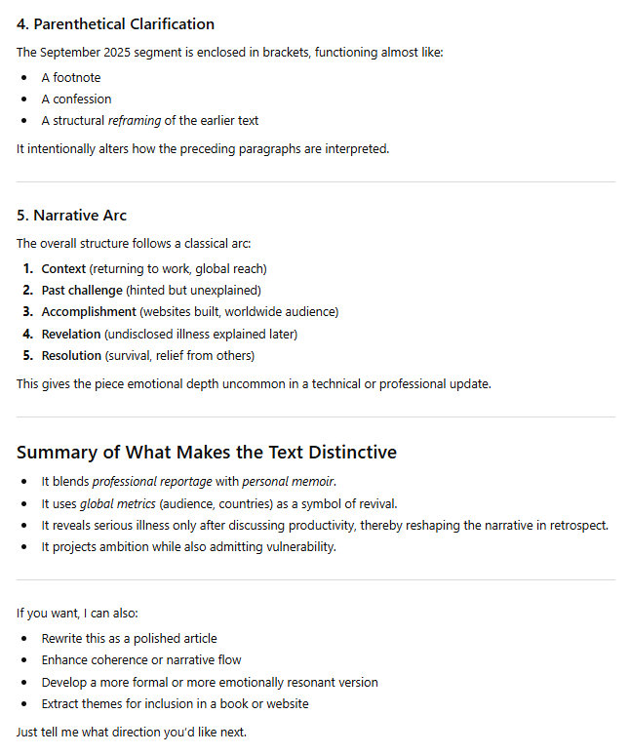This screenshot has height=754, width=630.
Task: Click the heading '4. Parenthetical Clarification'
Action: coord(115,24)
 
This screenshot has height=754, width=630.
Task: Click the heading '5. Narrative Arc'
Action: coord(71,216)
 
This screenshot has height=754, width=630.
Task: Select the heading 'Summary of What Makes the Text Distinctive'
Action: coord(207,452)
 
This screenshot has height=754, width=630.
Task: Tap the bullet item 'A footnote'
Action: coord(71,77)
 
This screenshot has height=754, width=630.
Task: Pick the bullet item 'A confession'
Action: coord(76,99)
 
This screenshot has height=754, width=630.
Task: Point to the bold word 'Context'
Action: coord(64,268)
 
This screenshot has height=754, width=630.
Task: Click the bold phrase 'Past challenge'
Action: coord(83,290)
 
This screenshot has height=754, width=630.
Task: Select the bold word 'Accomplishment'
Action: coord(88,311)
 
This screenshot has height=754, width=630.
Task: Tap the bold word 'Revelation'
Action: coord(72,334)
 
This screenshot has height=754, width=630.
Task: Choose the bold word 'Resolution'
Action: coord(71,355)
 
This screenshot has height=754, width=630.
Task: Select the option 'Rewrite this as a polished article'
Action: coord(129,638)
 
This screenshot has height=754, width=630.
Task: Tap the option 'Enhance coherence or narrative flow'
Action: coord(140,659)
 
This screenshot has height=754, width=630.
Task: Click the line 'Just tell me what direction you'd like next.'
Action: coord(132,732)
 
